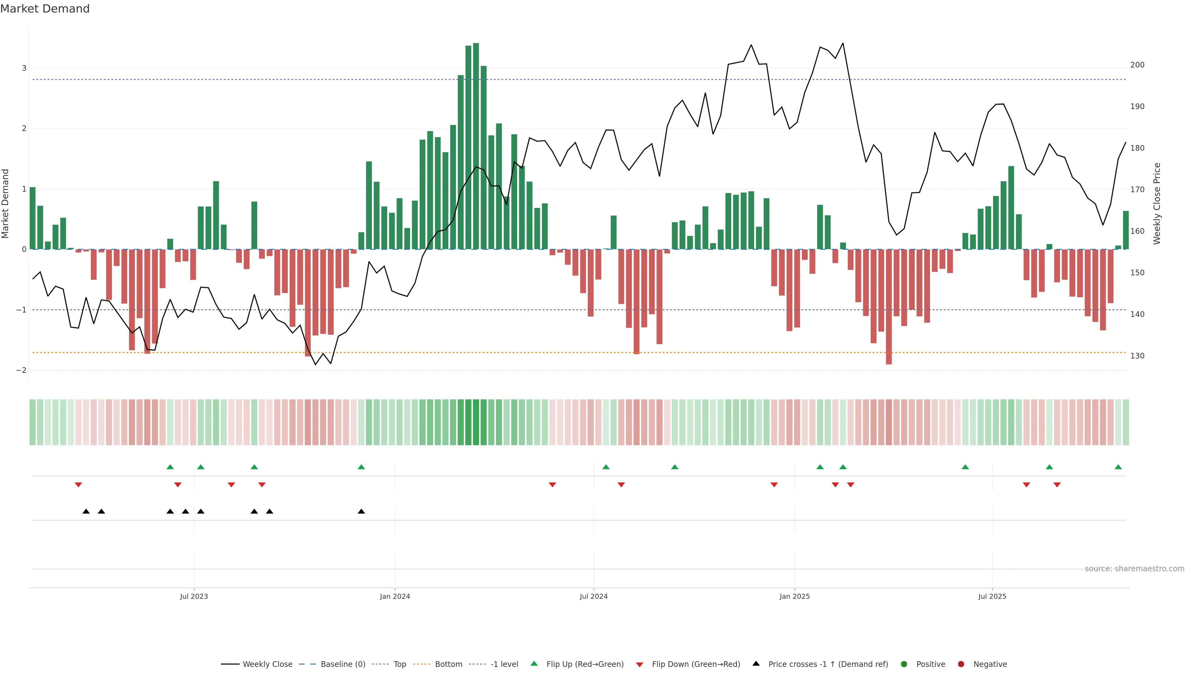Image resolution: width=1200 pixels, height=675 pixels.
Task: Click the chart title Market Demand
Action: [45, 9]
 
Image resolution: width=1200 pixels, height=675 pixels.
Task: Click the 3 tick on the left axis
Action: [24, 68]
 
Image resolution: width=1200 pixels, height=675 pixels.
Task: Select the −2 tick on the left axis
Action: [22, 370]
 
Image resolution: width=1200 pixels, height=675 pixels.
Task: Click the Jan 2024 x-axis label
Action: [395, 596]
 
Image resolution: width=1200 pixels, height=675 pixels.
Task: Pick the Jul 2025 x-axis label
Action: [992, 596]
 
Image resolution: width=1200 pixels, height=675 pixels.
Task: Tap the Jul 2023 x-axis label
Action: [194, 596]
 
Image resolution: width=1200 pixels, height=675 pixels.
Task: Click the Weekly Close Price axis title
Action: [1157, 203]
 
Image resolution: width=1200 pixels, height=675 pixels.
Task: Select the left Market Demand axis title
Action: [6, 203]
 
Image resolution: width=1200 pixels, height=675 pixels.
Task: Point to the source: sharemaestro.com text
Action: [1134, 569]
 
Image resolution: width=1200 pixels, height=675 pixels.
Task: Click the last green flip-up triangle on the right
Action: [1118, 467]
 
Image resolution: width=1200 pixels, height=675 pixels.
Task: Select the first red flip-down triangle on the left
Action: [78, 485]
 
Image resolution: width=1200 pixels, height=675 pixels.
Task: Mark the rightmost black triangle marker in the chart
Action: [361, 512]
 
